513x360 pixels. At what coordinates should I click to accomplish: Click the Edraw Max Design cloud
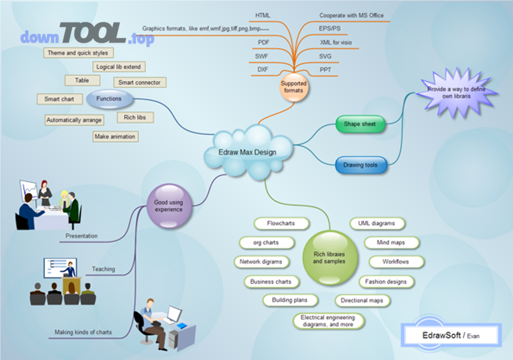[247, 152]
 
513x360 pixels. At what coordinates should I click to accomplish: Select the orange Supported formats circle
[294, 87]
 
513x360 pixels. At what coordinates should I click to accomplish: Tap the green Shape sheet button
[360, 124]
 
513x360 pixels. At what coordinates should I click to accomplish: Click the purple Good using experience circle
[168, 205]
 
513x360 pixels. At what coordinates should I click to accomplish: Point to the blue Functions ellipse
[109, 99]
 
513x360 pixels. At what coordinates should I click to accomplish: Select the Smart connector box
[140, 83]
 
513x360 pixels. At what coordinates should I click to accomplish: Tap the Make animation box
[115, 136]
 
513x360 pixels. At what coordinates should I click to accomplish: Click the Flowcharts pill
[281, 223]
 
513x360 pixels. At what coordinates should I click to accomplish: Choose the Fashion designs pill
[386, 281]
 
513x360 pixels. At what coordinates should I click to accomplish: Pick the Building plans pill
[290, 300]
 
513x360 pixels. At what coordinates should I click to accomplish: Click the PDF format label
[263, 43]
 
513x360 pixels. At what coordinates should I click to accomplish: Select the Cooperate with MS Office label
[351, 15]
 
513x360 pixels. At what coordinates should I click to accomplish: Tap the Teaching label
[103, 269]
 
